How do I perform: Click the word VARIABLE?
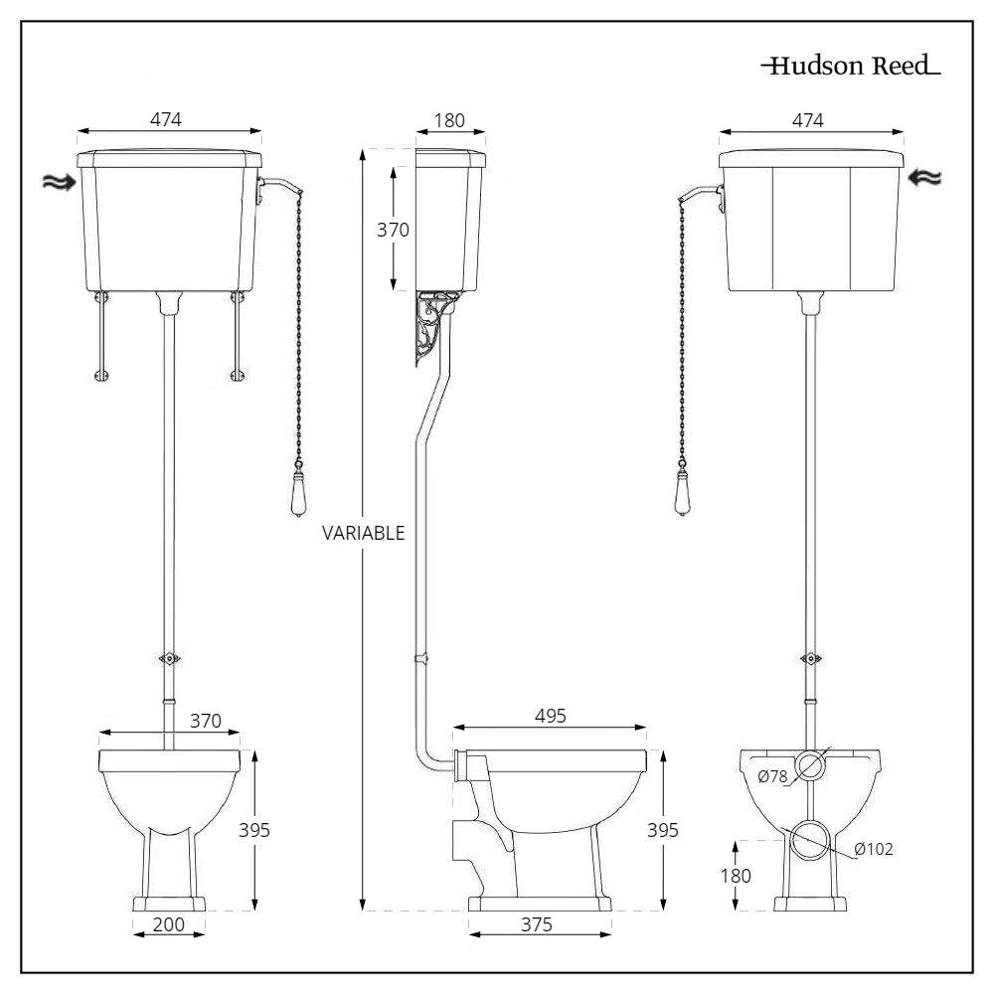[x=363, y=533]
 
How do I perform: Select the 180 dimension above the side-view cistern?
[x=449, y=120]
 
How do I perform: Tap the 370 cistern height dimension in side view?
[x=393, y=230]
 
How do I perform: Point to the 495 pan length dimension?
[x=551, y=717]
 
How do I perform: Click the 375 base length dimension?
[x=537, y=924]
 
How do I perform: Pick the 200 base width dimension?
[x=169, y=924]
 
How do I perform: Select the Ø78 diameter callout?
[x=772, y=776]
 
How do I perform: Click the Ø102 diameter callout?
[x=874, y=849]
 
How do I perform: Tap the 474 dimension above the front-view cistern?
[x=166, y=120]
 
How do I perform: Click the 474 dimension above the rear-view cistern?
[x=808, y=120]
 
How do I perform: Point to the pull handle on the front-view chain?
[x=298, y=492]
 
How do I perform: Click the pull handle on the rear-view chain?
[x=682, y=492]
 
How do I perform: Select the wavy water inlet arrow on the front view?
[x=59, y=183]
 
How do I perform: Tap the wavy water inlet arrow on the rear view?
[x=924, y=179]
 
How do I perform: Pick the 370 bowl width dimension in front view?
[x=206, y=721]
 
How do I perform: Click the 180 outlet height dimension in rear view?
[x=736, y=876]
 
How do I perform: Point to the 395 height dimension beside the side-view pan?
[x=663, y=830]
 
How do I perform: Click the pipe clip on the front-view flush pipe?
[x=169, y=659]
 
